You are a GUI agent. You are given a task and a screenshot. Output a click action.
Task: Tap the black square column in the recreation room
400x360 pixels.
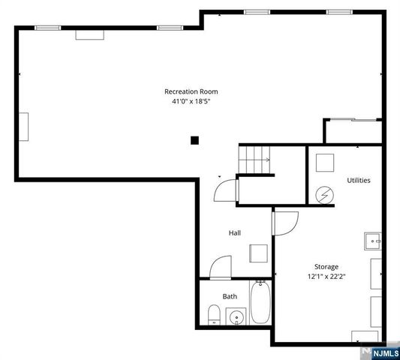[194, 139]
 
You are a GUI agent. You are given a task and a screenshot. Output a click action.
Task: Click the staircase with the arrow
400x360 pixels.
[254, 159]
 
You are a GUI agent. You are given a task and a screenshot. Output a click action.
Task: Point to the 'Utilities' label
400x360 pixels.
[358, 180]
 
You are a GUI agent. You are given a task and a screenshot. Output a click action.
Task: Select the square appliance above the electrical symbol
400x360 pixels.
[325, 163]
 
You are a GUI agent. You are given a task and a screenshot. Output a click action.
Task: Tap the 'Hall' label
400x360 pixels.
[234, 232]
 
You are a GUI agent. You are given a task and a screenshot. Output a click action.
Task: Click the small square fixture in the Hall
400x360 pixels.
[257, 253]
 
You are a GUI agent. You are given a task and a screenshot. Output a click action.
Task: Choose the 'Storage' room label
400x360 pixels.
[326, 266]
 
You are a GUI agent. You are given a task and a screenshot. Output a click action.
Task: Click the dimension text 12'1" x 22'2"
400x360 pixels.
[326, 276]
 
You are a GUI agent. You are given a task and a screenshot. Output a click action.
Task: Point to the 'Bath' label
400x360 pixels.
[230, 296]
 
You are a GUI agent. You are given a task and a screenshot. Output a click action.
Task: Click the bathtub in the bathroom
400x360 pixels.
[260, 302]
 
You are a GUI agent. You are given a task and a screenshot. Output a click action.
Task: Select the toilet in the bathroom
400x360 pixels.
[213, 314]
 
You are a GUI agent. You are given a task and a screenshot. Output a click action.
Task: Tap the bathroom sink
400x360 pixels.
[236, 316]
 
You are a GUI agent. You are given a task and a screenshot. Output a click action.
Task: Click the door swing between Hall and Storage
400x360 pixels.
[285, 222]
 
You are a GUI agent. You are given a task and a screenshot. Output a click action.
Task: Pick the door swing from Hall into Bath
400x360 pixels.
[221, 267]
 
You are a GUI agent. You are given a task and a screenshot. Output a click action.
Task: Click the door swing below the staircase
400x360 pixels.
[225, 190]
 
